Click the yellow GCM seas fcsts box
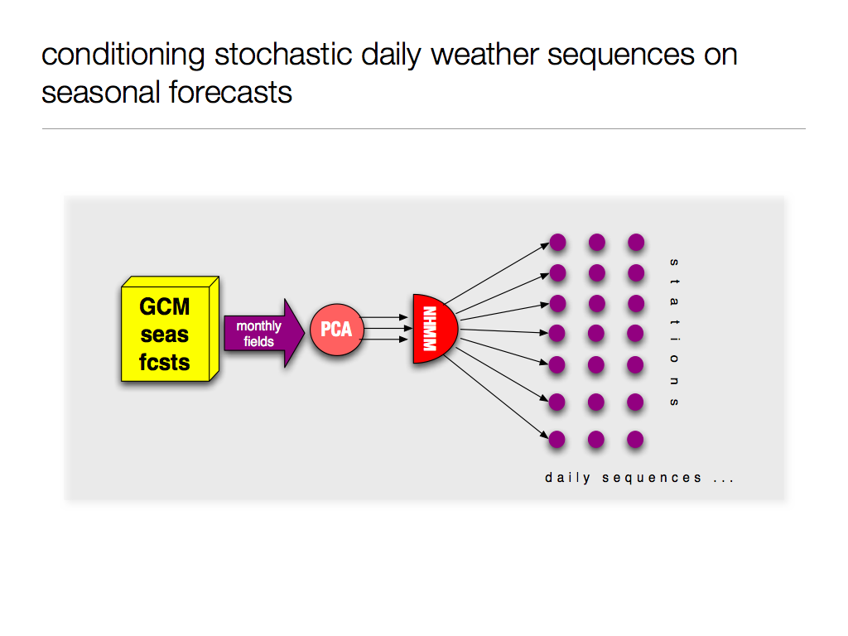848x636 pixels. click(170, 329)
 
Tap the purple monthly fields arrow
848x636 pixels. click(264, 333)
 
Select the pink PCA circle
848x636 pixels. click(336, 330)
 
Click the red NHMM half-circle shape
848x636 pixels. click(434, 329)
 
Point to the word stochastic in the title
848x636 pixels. click(283, 55)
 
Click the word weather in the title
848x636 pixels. click(484, 55)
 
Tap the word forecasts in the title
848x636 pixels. click(230, 93)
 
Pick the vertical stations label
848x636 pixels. click(674, 332)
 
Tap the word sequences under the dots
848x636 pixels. click(652, 478)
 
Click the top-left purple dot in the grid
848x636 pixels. click(557, 243)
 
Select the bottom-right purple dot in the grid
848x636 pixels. click(635, 440)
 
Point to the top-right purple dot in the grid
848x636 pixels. click(636, 243)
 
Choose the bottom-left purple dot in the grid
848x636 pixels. click(556, 440)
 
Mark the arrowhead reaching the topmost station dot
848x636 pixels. click(545, 246)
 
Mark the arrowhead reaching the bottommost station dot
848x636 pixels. click(544, 435)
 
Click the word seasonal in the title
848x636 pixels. click(100, 93)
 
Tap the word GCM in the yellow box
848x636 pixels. click(165, 306)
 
